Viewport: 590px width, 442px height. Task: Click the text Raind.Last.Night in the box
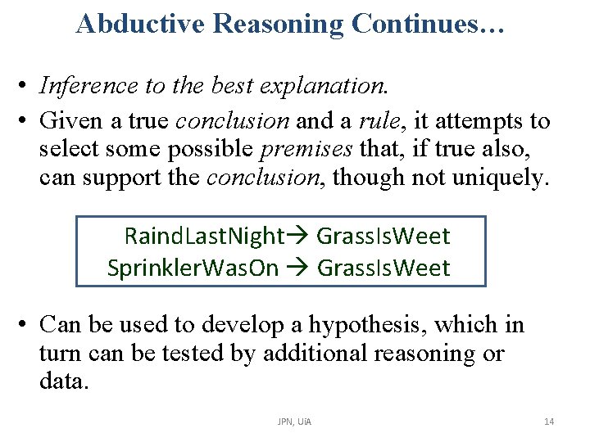(x=203, y=237)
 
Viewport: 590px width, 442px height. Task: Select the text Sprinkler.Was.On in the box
(x=193, y=268)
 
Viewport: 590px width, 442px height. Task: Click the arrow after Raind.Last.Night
(x=297, y=237)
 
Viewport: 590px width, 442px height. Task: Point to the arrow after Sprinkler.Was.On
(x=297, y=268)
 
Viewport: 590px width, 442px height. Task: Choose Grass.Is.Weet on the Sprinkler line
(x=383, y=268)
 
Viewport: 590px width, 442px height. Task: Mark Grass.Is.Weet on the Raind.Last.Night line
(x=383, y=237)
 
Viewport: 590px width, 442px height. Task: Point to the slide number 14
(x=549, y=422)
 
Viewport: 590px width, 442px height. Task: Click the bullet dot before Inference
(x=27, y=85)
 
